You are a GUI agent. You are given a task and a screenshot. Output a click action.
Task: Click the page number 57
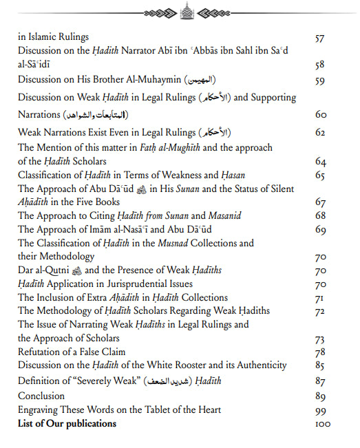pyautogui.click(x=319, y=38)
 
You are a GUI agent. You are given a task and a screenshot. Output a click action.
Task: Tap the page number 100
pyautogui.click(x=322, y=424)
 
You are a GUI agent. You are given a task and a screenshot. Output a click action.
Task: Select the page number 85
pyautogui.click(x=320, y=365)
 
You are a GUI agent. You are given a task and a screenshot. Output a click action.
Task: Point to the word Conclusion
pyautogui.click(x=41, y=396)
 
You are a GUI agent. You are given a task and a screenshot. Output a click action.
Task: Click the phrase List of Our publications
pyautogui.click(x=67, y=424)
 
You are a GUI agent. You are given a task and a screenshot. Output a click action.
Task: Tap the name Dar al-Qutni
pyautogui.click(x=44, y=270)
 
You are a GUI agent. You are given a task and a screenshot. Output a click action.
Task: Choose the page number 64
pyautogui.click(x=320, y=162)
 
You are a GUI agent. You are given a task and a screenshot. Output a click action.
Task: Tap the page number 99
pyautogui.click(x=320, y=409)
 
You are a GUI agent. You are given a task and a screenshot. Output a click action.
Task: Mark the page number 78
pyautogui.click(x=320, y=352)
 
